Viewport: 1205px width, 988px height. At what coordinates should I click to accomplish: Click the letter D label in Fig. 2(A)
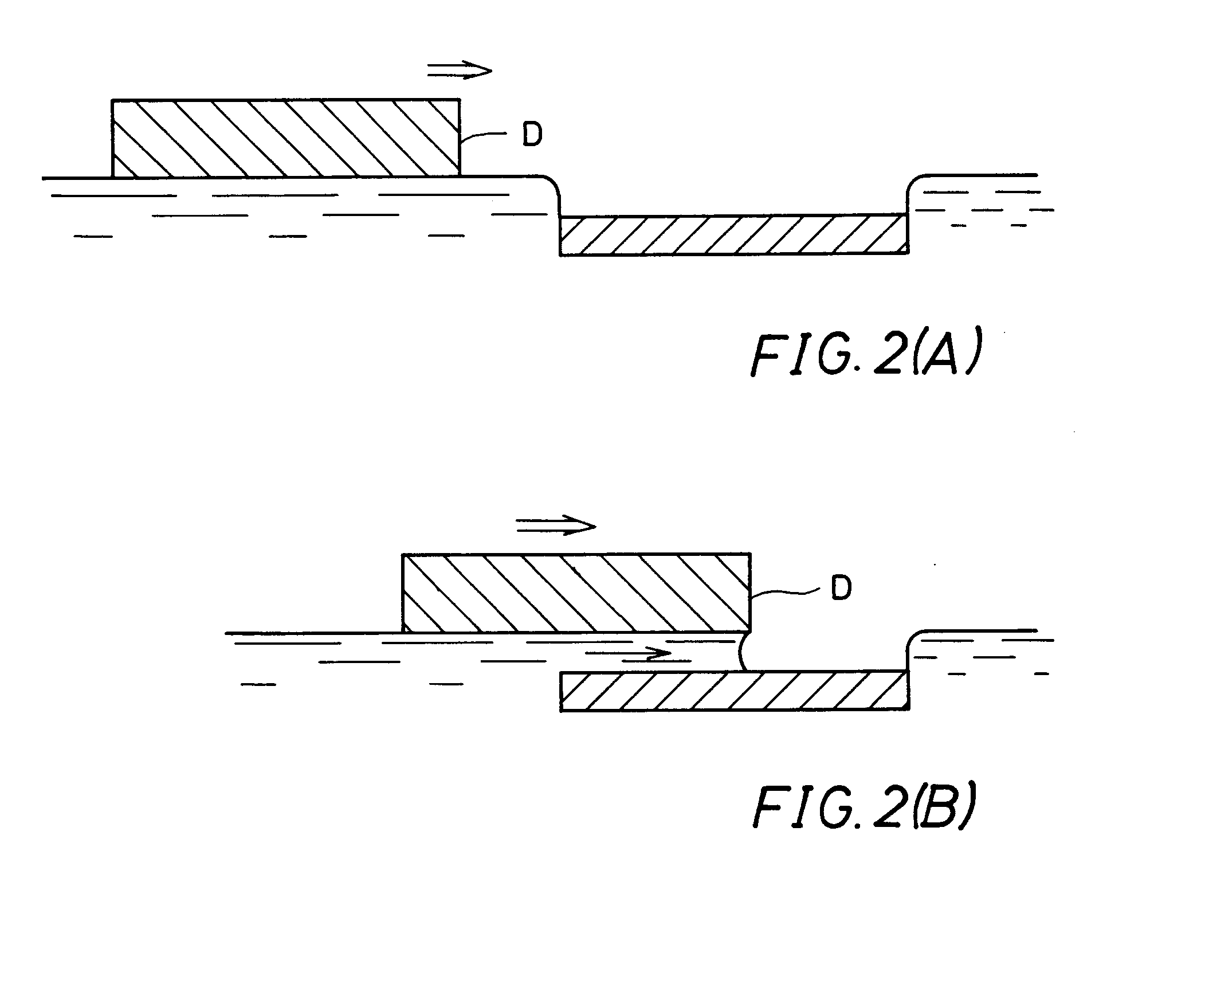pos(532,136)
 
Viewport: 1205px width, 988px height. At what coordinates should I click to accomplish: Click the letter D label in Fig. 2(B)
pos(840,589)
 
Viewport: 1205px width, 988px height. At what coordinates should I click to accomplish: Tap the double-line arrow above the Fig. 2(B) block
pos(556,525)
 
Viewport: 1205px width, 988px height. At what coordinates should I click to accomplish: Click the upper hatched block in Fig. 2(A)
pos(285,138)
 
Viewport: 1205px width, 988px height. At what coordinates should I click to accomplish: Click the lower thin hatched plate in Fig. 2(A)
pos(733,235)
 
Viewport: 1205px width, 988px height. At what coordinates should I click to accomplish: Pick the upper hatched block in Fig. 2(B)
pos(576,593)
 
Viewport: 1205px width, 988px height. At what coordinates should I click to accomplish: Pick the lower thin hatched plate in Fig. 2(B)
pos(733,691)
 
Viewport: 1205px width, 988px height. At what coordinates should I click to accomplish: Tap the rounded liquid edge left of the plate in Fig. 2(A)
pos(554,189)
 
